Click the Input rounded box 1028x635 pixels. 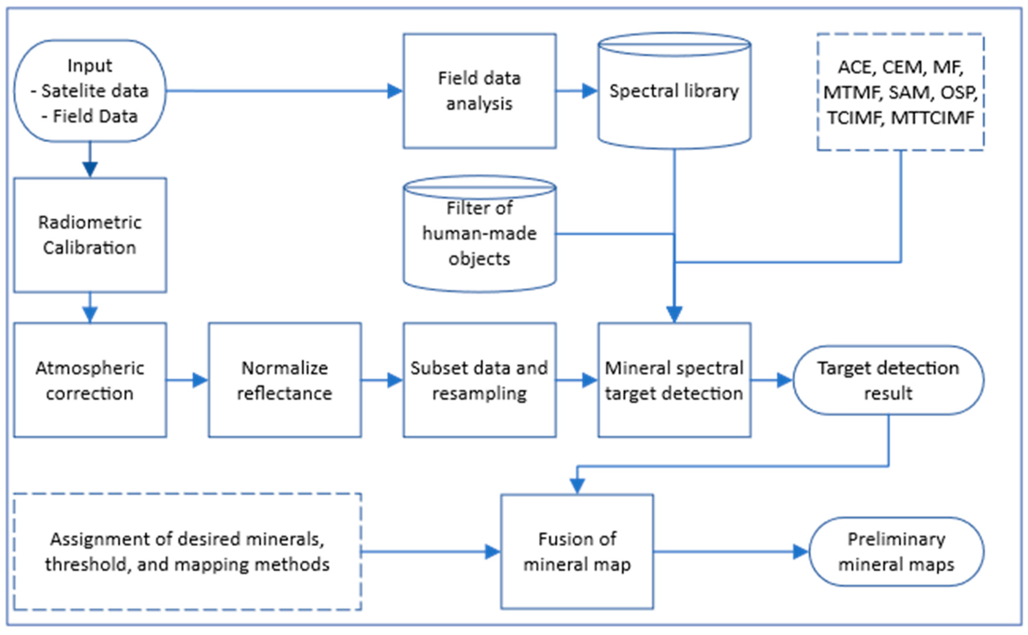click(x=90, y=91)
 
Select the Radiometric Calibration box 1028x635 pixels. click(x=90, y=235)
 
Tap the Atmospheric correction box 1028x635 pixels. click(x=90, y=380)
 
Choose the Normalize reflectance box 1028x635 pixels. click(x=284, y=380)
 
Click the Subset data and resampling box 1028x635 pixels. click(x=479, y=380)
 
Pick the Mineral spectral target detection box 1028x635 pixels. click(x=674, y=380)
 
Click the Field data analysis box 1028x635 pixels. click(x=479, y=91)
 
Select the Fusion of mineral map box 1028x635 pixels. click(x=577, y=552)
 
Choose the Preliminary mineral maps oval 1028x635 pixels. click(x=896, y=552)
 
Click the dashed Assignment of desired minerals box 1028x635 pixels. click(x=187, y=552)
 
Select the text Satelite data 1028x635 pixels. click(x=95, y=91)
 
